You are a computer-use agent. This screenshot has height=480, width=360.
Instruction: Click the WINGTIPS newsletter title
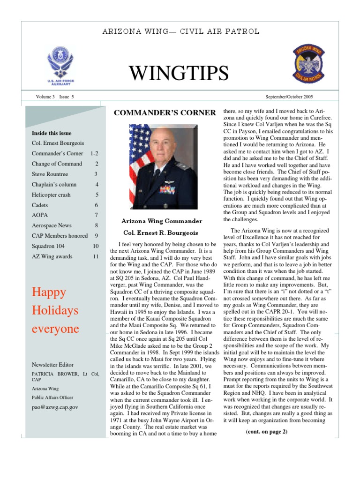coord(179,73)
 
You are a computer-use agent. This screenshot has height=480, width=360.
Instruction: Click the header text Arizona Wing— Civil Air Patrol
coord(180,32)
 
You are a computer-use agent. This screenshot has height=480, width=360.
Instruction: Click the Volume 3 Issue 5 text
coord(55,97)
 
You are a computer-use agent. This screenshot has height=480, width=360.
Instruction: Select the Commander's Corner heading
coord(165,112)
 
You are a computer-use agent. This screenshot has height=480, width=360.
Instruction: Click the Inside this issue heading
coord(52,133)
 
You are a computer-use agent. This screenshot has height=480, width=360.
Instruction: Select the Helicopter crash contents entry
coord(51,195)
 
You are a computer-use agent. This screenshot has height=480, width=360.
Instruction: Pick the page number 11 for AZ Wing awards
coord(96,256)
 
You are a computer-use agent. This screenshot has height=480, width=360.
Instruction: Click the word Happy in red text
coord(49,292)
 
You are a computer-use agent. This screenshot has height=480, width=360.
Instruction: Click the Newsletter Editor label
coord(52,364)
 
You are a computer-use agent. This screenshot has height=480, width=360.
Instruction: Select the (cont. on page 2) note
coord(266,432)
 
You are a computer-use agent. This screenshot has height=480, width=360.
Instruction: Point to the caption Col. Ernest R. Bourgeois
coord(161,232)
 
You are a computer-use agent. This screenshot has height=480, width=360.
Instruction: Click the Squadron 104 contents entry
coord(48,246)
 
